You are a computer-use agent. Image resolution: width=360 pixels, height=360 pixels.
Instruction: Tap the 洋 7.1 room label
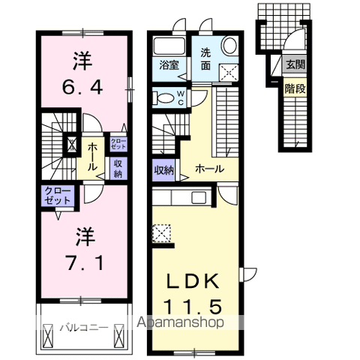tap(82, 251)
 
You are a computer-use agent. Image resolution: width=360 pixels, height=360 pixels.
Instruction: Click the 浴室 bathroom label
tap(168, 65)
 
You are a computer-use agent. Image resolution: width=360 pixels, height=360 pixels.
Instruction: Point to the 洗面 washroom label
tap(206, 59)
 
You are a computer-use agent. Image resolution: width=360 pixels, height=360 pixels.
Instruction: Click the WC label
tap(181, 97)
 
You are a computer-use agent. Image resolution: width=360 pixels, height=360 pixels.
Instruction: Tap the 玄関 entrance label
tap(295, 65)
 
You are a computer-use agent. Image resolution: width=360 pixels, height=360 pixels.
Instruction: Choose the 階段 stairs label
tap(295, 88)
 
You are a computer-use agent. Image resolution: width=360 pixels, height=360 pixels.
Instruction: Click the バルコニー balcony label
tap(82, 327)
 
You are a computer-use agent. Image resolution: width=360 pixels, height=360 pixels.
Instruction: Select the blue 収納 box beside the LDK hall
tap(164, 169)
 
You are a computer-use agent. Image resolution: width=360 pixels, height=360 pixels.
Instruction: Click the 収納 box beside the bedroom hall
tap(118, 169)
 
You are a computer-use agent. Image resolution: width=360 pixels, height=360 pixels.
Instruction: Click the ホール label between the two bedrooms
tap(91, 156)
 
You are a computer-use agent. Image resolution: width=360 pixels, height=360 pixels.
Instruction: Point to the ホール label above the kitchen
tap(208, 169)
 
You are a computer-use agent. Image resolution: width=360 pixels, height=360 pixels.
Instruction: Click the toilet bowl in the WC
tap(162, 97)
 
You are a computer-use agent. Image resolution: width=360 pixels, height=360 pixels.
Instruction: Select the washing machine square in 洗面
tap(226, 71)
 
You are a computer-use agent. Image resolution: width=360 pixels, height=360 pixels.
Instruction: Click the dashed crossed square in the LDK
tap(161, 235)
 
